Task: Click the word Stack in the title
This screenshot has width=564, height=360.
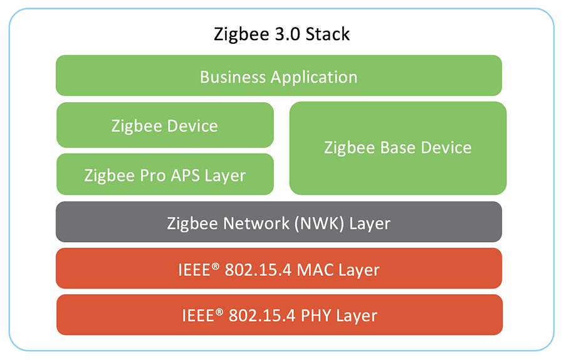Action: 328,34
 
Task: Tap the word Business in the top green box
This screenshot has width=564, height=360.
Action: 233,77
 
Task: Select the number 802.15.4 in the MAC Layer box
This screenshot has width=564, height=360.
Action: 261,270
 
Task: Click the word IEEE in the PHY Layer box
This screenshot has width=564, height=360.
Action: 196,315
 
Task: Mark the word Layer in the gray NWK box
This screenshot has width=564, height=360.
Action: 370,223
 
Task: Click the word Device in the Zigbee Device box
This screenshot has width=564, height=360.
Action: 192,125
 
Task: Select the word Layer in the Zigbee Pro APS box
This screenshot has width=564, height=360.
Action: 225,175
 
